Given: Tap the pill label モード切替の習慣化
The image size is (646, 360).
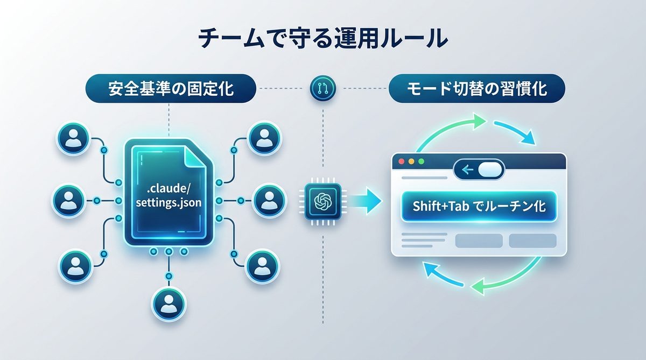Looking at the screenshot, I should coord(476,89).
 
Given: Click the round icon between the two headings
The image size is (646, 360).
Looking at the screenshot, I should coord(323,88).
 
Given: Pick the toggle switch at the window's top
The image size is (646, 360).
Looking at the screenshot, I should coord(480,171).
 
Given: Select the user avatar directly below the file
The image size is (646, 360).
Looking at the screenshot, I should coord(168,303).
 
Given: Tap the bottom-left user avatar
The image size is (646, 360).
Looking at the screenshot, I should coord(72,264).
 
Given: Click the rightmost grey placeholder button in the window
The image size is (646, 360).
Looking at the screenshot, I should coord(532,241).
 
